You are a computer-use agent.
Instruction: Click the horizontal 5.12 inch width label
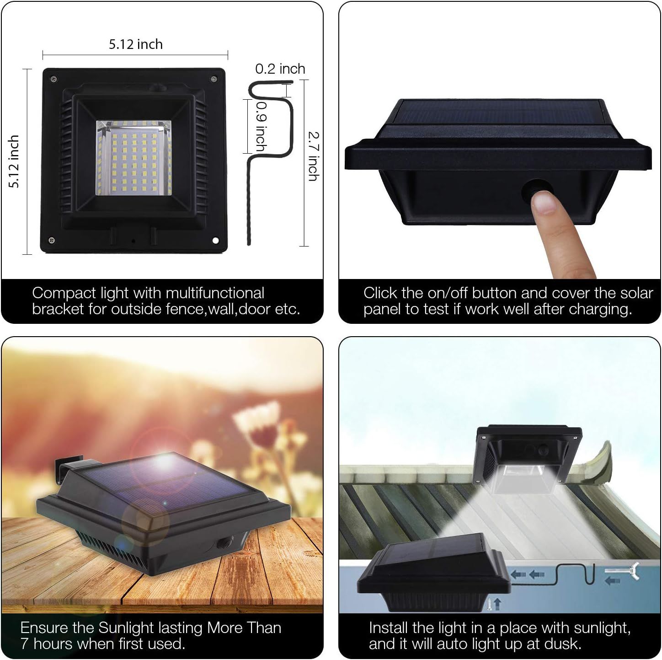(136, 44)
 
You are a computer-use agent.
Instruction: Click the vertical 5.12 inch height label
(14, 161)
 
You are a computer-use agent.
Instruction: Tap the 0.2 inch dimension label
(280, 69)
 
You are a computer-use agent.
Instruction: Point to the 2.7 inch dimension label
(313, 156)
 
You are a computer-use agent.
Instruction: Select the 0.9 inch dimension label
(262, 127)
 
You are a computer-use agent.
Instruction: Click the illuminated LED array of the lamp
(133, 158)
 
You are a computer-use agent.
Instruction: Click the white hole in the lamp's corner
(215, 240)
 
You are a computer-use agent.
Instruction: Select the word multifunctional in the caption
(215, 293)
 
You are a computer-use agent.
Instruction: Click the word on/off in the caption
(448, 293)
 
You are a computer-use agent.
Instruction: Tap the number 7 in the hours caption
(25, 644)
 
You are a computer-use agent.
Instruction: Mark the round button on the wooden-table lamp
(222, 542)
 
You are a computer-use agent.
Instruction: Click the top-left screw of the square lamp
(53, 80)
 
